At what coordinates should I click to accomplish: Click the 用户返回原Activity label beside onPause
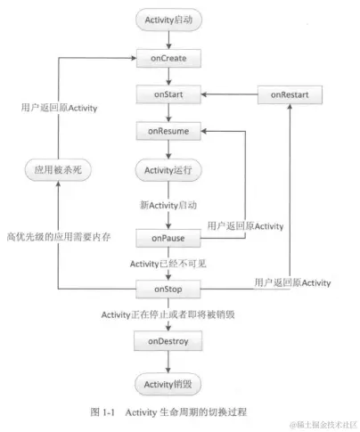point(245,225)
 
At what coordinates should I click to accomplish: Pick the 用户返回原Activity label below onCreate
point(59,108)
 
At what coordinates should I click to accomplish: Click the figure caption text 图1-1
point(104,412)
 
